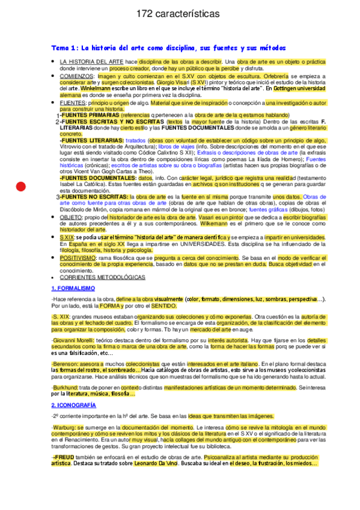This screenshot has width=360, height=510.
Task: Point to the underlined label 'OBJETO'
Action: point(70,217)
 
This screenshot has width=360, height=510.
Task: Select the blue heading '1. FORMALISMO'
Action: point(73,289)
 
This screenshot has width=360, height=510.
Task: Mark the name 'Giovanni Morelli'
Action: point(75,340)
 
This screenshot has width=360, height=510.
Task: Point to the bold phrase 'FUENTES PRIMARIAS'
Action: point(90,115)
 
